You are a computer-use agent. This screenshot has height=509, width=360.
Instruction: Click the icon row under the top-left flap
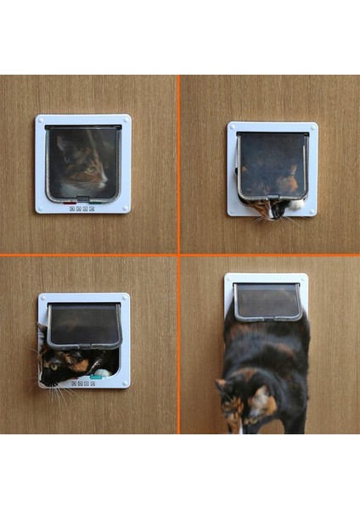(x=82, y=208)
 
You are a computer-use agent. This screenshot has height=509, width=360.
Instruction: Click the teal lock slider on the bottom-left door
(x=97, y=376)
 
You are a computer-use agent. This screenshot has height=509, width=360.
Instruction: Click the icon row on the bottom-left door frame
(x=82, y=383)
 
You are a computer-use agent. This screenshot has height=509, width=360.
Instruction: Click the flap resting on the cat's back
(x=267, y=301)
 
